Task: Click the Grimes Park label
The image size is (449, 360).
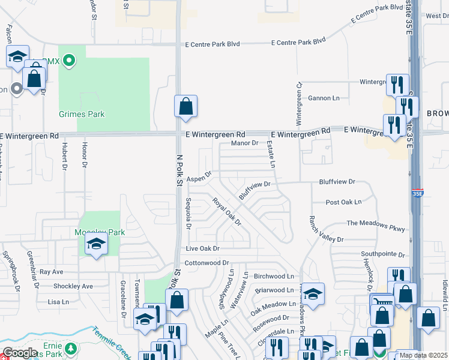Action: point(82,114)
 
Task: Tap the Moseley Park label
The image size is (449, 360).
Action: point(91,232)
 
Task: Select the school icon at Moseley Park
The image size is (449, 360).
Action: point(95,245)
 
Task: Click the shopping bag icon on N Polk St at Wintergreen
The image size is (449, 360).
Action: point(186,106)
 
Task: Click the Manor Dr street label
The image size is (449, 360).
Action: point(244,143)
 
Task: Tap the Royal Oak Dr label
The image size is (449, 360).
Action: point(227,212)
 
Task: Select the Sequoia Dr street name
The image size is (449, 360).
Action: point(188,214)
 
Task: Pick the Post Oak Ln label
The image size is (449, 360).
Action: point(343,203)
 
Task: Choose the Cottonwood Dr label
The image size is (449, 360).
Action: point(207,263)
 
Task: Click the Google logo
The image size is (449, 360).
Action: point(20,353)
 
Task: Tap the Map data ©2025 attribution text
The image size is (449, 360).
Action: point(424,355)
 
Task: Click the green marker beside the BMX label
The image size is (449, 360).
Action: point(69,60)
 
